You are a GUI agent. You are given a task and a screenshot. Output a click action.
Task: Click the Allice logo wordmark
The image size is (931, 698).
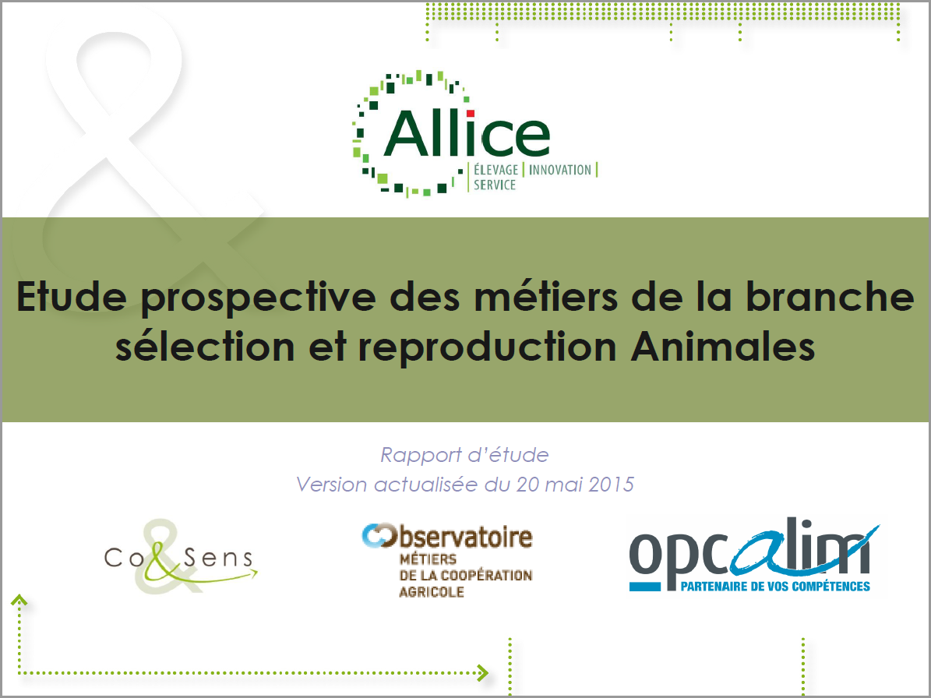(x=467, y=133)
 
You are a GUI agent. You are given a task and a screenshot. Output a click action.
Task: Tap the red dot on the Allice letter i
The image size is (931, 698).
(x=471, y=114)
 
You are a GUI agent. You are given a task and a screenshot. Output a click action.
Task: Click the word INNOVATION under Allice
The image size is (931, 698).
(x=560, y=171)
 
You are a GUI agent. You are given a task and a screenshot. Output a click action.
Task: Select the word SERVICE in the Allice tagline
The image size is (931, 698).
(x=495, y=185)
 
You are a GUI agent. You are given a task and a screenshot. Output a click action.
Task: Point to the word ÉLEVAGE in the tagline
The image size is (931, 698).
(x=495, y=170)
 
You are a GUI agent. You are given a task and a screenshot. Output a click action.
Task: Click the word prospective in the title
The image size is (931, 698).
(x=259, y=298)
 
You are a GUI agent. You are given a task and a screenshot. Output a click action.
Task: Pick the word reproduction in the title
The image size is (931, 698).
(x=487, y=347)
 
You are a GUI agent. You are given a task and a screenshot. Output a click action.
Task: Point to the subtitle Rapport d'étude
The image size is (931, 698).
(x=464, y=455)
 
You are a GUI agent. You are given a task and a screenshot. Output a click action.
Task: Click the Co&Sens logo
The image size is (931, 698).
(x=181, y=557)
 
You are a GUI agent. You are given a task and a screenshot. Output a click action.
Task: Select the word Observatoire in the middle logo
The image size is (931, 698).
(x=447, y=536)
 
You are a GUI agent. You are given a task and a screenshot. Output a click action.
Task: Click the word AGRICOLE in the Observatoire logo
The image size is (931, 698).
(x=431, y=592)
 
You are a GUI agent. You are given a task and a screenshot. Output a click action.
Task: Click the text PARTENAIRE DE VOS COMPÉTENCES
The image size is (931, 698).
(x=775, y=587)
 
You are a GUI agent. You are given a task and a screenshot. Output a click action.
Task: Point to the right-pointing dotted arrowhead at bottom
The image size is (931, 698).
(x=483, y=672)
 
